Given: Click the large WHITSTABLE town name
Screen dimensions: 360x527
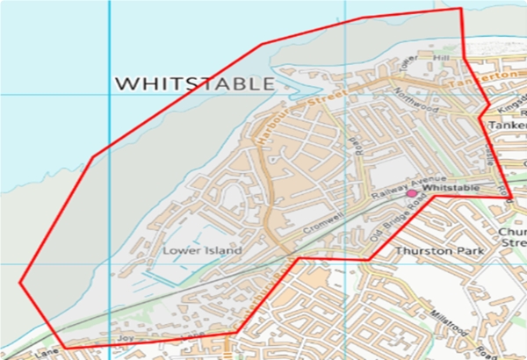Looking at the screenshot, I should click(194, 83).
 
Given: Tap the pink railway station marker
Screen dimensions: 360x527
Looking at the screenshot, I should click(411, 191).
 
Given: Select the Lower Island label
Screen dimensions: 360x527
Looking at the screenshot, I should click(201, 250).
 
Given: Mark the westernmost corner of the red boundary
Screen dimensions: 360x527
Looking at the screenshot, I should click(19, 282).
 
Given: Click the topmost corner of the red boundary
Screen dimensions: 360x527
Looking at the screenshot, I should click(460, 8).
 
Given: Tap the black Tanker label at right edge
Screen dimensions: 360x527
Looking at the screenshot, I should click(507, 125).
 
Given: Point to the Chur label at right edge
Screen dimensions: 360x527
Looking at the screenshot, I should click(510, 233).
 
